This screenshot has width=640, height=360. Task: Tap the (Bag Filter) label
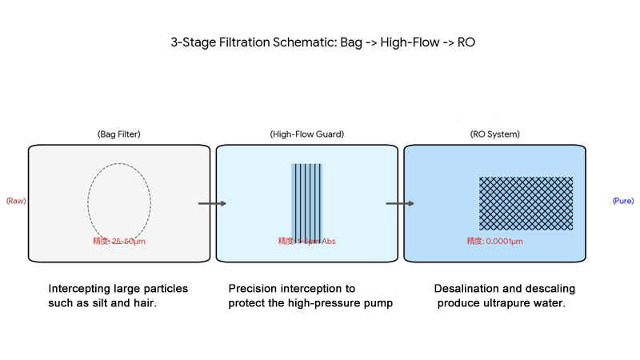pos(119,134)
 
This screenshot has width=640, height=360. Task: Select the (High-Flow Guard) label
pos(307,134)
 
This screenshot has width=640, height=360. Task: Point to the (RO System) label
pos(494,134)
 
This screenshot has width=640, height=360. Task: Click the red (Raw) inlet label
pos(16,201)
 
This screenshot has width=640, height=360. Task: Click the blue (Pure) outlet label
pos(623,201)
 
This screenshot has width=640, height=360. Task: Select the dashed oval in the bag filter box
pos(118,203)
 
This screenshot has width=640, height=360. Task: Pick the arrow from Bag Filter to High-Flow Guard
pos(212,203)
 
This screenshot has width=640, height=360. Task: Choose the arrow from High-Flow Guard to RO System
pos(400,203)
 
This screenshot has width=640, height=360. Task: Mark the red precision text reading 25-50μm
pos(119,241)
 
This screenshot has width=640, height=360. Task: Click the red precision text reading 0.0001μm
pos(494,241)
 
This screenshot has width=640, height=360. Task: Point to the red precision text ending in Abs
pos(307,241)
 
